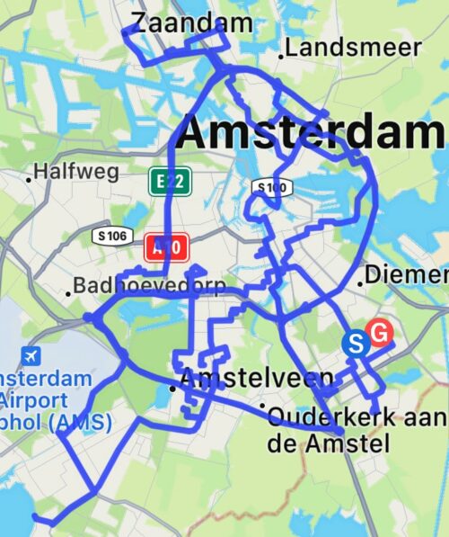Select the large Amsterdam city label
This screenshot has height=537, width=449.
310,132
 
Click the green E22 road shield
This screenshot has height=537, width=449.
169,182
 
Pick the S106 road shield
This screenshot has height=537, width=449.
113,236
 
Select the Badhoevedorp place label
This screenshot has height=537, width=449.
150,287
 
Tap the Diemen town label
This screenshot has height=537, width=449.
405,275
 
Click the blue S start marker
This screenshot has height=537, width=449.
356,343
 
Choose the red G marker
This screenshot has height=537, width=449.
380,334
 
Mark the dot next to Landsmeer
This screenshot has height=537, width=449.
281,56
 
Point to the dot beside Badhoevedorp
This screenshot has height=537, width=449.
68,292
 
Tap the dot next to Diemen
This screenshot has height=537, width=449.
361,282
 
